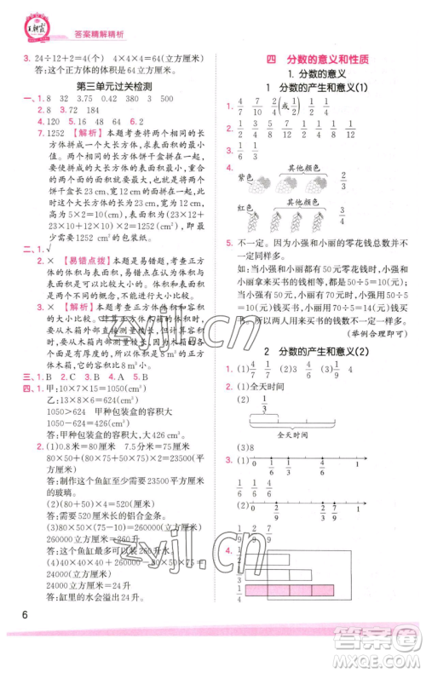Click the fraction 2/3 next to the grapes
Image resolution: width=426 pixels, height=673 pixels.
(x=343, y=181)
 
